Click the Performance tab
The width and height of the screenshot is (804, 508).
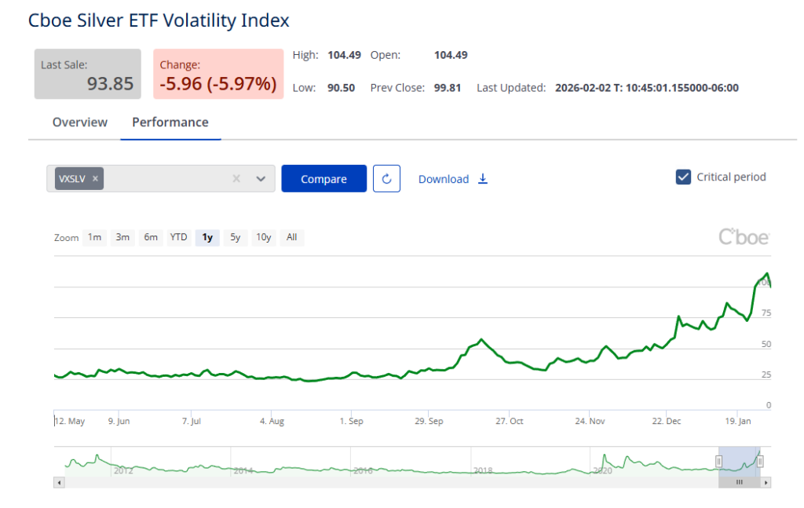170,122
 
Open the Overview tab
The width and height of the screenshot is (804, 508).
80,122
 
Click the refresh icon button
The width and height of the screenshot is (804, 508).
386,179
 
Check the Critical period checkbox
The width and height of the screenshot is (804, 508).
683,177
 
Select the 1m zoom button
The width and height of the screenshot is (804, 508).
94,237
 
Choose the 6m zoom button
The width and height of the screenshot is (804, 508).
150,237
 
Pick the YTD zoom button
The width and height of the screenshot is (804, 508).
179,237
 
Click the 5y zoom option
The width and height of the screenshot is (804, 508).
235,237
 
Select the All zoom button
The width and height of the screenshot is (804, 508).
291,237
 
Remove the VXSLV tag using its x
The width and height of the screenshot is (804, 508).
95,179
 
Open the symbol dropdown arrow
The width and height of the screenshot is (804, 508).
261,179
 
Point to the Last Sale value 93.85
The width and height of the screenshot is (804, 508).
110,83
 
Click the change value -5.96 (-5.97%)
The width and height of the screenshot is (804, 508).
217,83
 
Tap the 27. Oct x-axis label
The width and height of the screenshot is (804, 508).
510,422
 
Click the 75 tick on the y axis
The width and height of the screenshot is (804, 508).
766,313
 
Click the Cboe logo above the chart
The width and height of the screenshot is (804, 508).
744,236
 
